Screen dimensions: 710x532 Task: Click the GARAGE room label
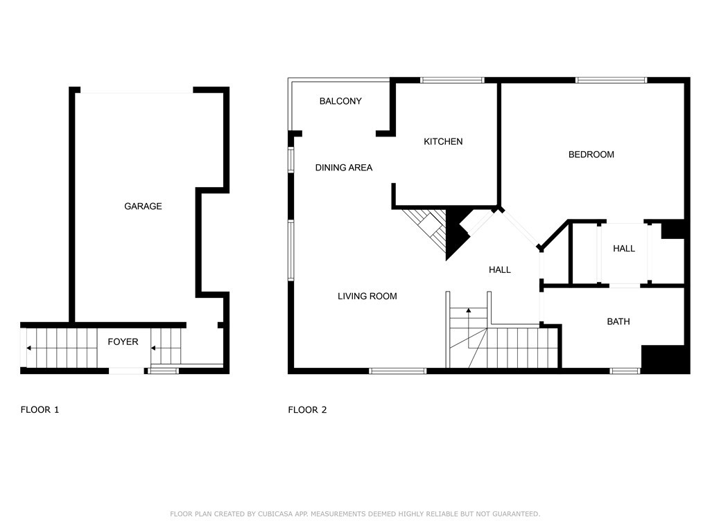(x=143, y=206)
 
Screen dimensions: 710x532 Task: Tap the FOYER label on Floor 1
(x=123, y=342)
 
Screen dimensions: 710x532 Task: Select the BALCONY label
(x=340, y=101)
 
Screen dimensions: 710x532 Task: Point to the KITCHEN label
(x=443, y=141)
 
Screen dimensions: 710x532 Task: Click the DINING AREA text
(x=344, y=168)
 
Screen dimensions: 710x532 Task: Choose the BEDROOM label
(x=591, y=154)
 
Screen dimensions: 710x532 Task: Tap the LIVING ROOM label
(x=367, y=296)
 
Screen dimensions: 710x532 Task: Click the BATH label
(x=618, y=321)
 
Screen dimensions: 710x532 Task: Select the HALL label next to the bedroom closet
(x=624, y=249)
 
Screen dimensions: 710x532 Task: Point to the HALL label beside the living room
(x=500, y=270)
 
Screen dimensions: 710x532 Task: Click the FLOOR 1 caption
(x=40, y=410)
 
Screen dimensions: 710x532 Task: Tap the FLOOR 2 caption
(x=307, y=410)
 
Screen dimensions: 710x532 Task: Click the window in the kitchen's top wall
(x=452, y=80)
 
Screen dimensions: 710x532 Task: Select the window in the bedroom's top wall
(x=612, y=80)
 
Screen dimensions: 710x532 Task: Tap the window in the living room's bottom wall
(x=397, y=371)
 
